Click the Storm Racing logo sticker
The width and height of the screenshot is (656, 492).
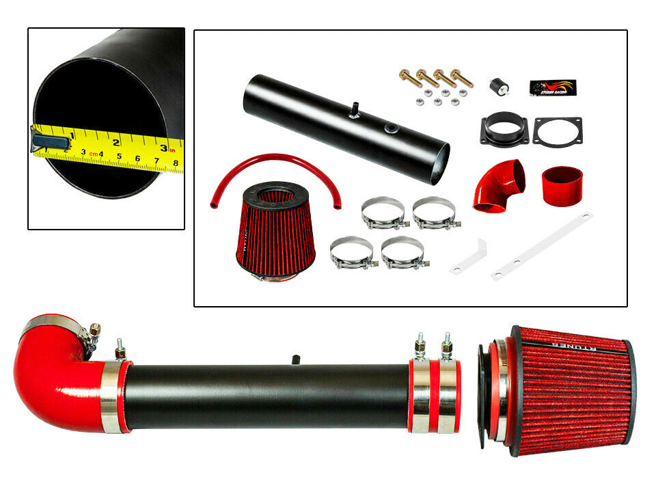[x=553, y=87]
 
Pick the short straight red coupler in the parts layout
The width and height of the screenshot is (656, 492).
[x=562, y=187]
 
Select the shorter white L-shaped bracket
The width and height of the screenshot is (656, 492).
[x=469, y=258]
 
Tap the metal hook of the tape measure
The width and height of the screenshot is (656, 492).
[x=50, y=142]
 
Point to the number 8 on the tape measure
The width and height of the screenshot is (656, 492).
[x=176, y=163]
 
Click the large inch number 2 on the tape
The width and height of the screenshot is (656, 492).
[x=117, y=142]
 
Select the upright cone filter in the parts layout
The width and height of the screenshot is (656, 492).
[x=275, y=229]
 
